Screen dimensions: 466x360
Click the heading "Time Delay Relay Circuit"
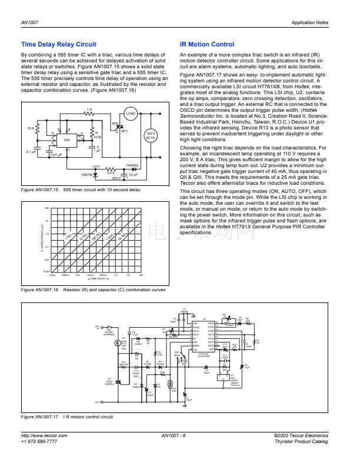tap(58, 44)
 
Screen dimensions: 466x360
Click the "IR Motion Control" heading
tap(206, 44)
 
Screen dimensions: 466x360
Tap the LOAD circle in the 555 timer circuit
tap(131, 114)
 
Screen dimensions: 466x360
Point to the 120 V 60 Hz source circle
tap(149, 136)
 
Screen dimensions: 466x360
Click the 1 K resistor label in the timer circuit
tap(89, 109)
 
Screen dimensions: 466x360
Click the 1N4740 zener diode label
tap(86, 175)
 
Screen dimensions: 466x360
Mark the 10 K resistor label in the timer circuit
tap(30, 128)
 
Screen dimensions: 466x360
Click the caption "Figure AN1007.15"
tap(39, 191)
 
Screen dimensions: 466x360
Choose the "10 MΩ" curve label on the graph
tap(123, 236)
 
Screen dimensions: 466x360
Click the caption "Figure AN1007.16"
tap(39, 290)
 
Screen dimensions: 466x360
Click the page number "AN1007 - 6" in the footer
tap(173, 435)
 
